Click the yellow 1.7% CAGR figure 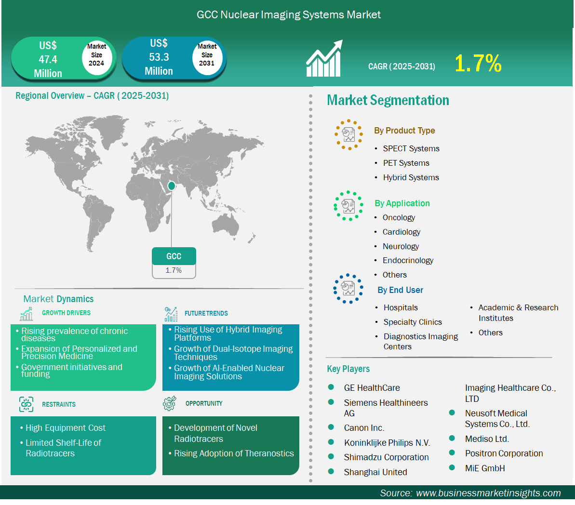click(x=478, y=63)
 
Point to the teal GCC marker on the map click(x=171, y=186)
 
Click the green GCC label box click(x=174, y=256)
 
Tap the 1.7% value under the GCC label click(x=174, y=270)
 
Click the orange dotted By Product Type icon click(x=349, y=134)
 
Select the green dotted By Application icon click(x=348, y=206)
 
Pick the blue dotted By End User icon click(x=348, y=288)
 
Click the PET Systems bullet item click(x=406, y=163)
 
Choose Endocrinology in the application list click(x=408, y=260)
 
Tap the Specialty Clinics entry click(x=413, y=322)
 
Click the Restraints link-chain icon click(x=26, y=404)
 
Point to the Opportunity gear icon click(x=170, y=403)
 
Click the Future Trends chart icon click(x=171, y=314)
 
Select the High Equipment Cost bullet click(x=65, y=428)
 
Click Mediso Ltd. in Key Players click(x=487, y=439)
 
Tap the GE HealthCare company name click(x=372, y=387)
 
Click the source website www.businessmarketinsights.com click(x=488, y=493)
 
